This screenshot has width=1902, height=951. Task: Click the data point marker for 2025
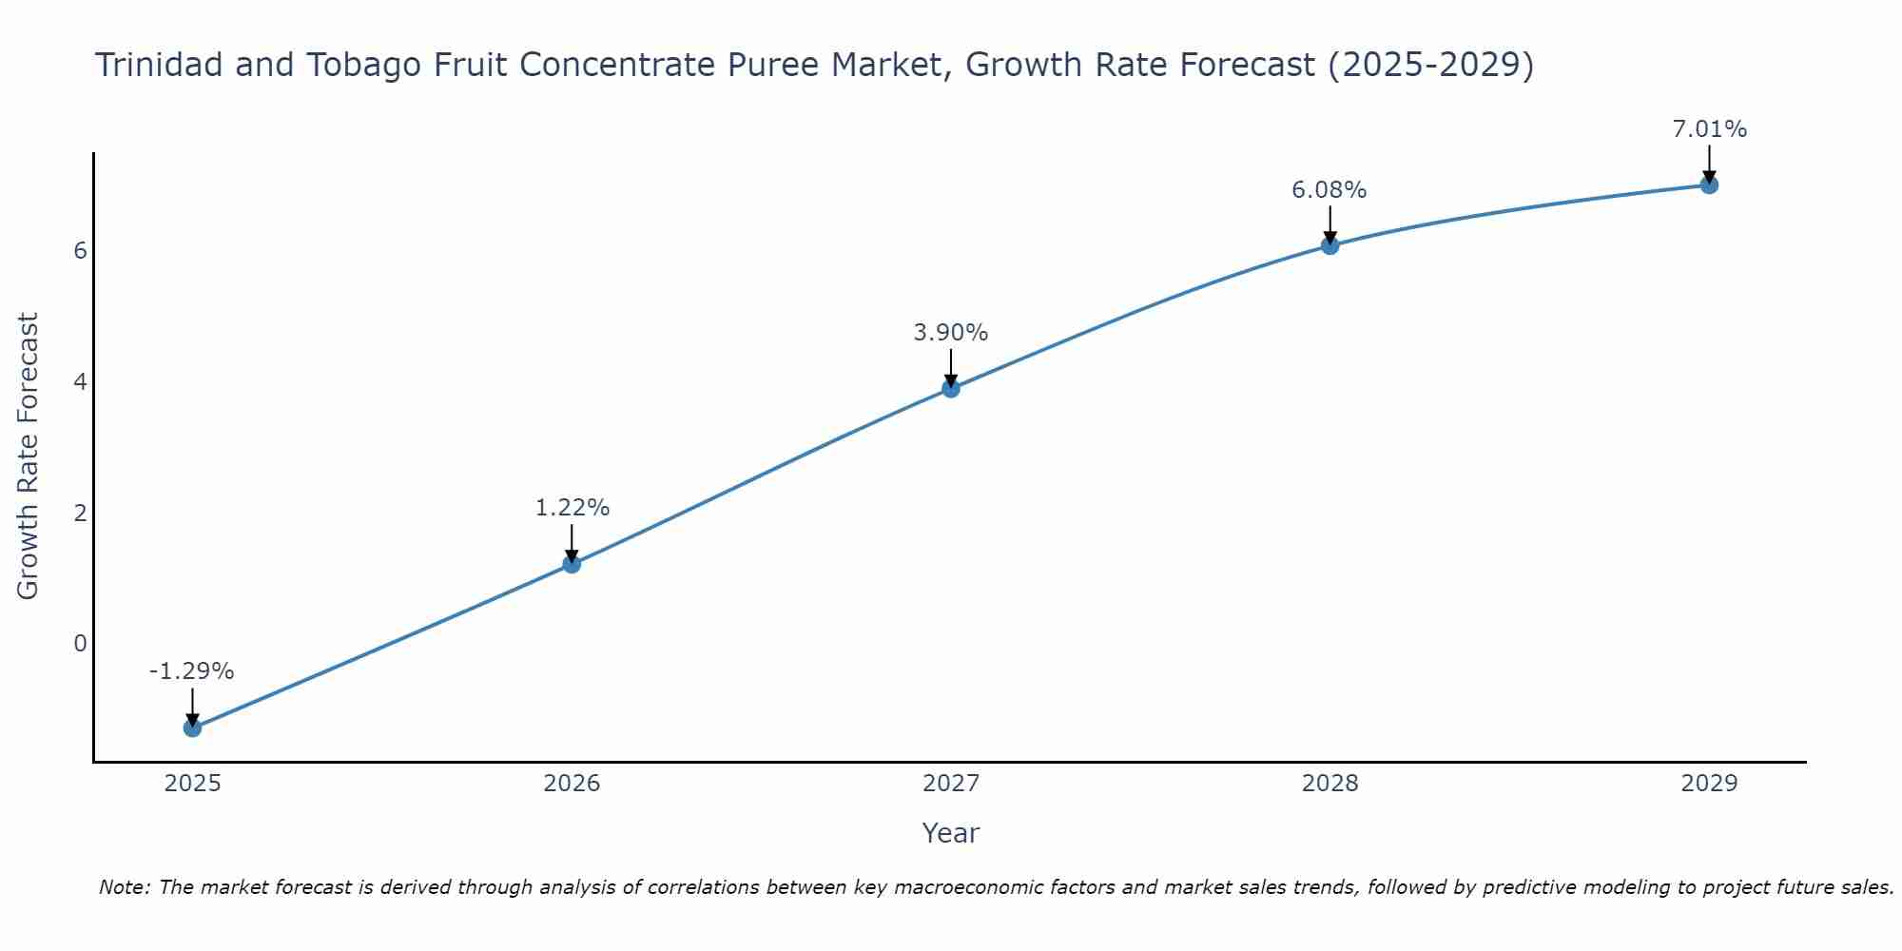pos(192,728)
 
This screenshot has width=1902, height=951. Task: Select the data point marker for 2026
pos(572,564)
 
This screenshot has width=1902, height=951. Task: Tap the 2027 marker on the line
pos(951,388)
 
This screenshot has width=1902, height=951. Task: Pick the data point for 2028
pos(1329,245)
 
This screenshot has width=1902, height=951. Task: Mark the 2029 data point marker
pos(1709,184)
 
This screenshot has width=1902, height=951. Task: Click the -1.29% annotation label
pos(191,671)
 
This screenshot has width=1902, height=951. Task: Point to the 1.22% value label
pos(572,508)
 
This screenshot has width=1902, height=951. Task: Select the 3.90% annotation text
pos(951,333)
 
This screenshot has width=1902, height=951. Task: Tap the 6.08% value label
pos(1329,190)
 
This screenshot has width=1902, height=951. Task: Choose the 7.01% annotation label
pos(1709,129)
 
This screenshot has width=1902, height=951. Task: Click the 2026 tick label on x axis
pos(572,784)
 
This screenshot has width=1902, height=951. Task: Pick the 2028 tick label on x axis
pos(1329,784)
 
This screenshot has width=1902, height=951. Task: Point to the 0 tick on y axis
pos(80,644)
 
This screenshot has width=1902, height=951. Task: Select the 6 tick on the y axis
pos(80,251)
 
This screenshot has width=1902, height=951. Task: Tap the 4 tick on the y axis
pos(80,382)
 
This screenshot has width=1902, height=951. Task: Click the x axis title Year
pos(950,833)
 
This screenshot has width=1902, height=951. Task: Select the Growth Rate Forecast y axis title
pos(29,456)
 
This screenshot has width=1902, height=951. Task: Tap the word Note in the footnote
pos(124,887)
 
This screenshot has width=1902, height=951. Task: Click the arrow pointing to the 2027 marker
pos(951,366)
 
